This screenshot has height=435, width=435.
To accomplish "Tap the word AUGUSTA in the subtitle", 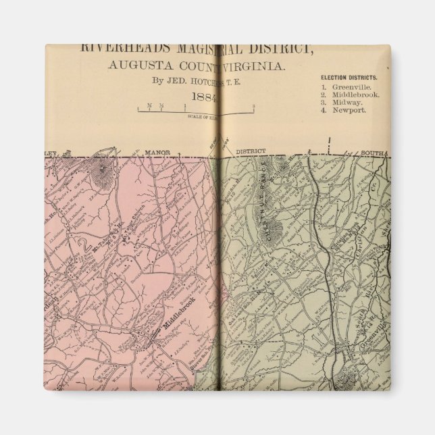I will point(133,67).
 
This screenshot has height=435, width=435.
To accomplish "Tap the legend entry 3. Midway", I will point(344,102).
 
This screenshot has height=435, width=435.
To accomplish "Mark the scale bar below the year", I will point(196,108).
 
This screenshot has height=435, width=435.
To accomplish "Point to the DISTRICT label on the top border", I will point(251,151).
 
